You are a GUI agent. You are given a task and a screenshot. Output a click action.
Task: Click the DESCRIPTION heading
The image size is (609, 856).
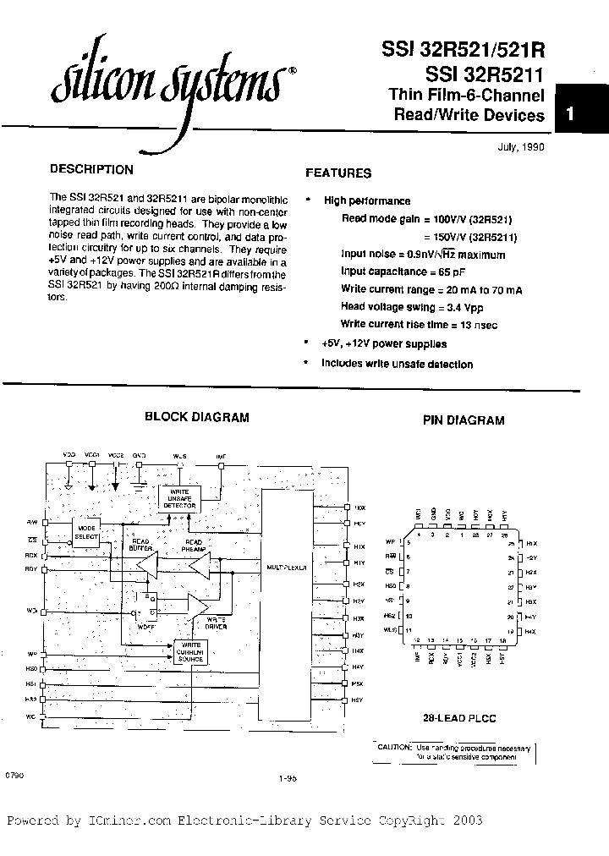(x=91, y=169)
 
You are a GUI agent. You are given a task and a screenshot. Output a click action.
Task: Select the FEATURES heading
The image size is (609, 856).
(x=337, y=173)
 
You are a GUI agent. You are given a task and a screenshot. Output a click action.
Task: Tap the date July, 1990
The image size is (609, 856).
(x=520, y=146)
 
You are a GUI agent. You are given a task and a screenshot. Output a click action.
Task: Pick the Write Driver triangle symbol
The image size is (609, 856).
(x=200, y=606)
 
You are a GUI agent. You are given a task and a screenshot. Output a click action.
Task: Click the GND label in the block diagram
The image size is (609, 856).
(x=139, y=456)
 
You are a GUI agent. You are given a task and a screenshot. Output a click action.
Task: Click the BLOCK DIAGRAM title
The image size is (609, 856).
(x=196, y=417)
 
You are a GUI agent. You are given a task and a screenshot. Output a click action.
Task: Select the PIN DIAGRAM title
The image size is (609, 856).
(x=463, y=420)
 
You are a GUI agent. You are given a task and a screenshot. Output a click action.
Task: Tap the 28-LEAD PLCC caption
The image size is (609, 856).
(x=459, y=717)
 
